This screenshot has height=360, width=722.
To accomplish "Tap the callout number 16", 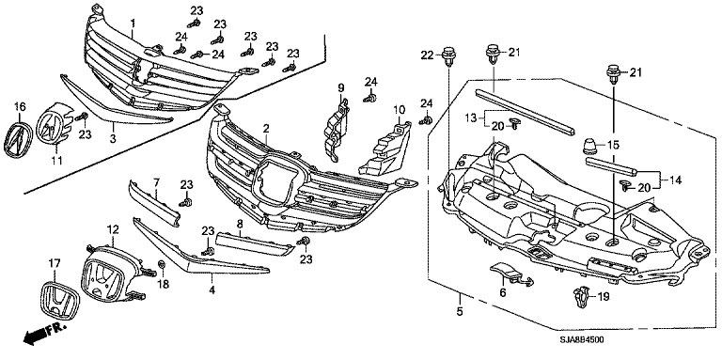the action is tap(21, 107).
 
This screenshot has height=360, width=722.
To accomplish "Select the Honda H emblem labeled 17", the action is tap(57, 300).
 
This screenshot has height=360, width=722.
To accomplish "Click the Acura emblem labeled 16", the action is tap(16, 139).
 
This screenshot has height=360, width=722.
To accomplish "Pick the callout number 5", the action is tap(460, 312).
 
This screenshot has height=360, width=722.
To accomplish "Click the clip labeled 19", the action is tap(582, 296).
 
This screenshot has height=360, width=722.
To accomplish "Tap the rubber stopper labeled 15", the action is tap(589, 147).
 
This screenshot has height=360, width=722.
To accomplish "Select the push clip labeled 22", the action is tap(448, 55).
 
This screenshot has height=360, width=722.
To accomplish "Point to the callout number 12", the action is tap(113, 228).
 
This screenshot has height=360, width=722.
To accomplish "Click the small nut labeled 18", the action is tap(162, 265).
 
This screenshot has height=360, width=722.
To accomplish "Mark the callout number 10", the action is tap(399, 110).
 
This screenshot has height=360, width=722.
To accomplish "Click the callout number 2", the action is tap(266, 129).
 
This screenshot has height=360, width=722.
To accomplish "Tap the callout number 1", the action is tap(133, 22).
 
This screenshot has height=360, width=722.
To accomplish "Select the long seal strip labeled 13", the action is tap(525, 111).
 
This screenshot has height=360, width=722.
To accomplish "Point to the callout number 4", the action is tap(212, 290).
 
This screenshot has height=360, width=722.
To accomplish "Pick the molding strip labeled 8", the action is tap(255, 243).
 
